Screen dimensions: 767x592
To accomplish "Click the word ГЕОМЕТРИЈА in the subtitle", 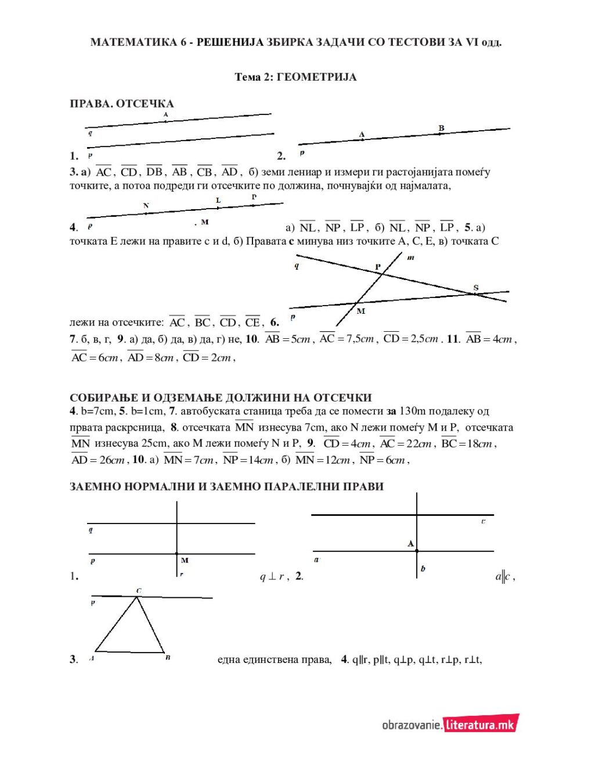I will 316,77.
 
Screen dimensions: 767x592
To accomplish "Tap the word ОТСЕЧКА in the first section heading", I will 145,104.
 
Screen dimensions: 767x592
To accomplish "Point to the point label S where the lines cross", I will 476,288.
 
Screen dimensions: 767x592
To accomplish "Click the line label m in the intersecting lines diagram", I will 410,257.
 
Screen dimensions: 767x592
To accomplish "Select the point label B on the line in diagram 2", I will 441,128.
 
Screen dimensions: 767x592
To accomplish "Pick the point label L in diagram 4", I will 218,200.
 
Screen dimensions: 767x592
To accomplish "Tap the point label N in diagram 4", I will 146,206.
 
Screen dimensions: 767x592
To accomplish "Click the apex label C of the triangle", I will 139,591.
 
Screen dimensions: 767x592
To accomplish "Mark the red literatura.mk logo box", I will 481,725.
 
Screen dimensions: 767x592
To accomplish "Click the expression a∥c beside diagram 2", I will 504,576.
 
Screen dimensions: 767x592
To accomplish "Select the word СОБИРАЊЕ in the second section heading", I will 103,398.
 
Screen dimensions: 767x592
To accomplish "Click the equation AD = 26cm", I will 98,460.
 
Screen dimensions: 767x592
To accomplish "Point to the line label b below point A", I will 423,569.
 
